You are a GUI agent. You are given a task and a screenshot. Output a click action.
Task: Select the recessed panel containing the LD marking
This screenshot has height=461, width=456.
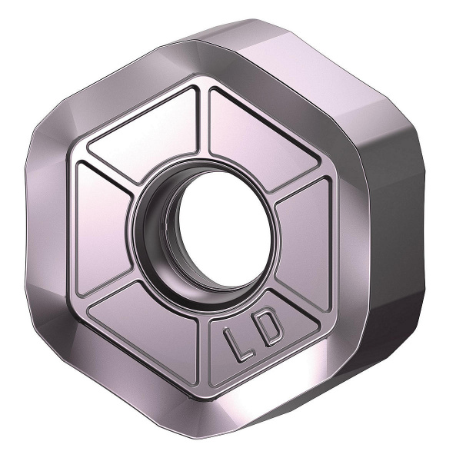click(254, 338)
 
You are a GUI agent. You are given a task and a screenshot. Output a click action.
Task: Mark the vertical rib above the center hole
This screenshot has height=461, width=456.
click(204, 127)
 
